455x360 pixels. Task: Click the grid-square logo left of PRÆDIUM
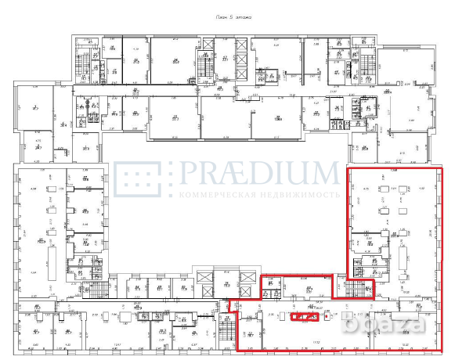[x=137, y=180]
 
